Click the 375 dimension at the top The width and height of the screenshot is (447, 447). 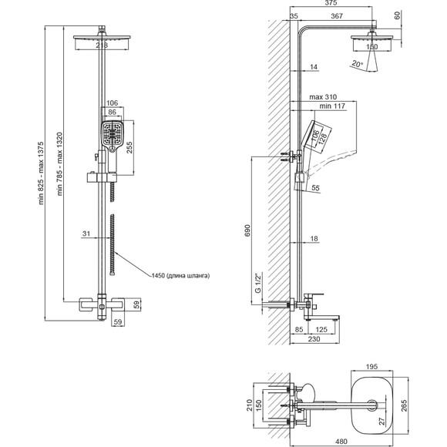tap(331, 3)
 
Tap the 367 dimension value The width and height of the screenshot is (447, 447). tap(337, 16)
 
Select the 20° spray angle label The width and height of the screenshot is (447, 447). tap(357, 63)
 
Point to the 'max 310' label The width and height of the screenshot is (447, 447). tap(323, 97)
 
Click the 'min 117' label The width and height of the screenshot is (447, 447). tap(332, 106)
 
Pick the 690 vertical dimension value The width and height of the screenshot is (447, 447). tap(247, 230)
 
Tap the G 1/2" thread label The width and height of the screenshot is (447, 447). tap(258, 283)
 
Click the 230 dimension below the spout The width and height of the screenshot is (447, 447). tap(314, 338)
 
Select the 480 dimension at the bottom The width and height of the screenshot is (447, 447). tap(341, 442)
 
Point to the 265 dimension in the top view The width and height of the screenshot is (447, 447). tap(404, 405)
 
